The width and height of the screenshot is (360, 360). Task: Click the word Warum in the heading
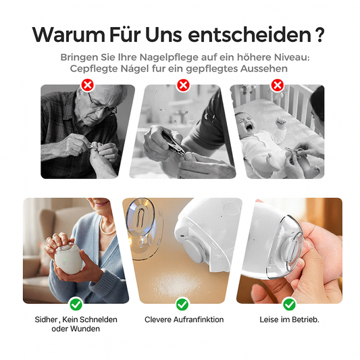tap(68, 34)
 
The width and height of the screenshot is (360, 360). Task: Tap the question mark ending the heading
tap(320, 34)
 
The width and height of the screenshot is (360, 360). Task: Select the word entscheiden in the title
tap(249, 34)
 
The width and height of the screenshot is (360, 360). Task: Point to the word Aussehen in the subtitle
tap(264, 68)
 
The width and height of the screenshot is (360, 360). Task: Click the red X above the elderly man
tap(88, 85)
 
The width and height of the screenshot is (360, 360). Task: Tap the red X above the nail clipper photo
tap(183, 85)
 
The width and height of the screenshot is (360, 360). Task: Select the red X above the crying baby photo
tap(278, 85)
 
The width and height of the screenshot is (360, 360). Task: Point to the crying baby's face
tap(246, 123)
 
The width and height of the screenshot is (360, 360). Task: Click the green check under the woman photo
tap(76, 305)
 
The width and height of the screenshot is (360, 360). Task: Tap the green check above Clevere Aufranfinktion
tap(182, 305)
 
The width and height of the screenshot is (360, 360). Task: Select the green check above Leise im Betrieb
tap(289, 305)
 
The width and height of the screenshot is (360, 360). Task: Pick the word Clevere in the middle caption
tap(158, 319)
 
